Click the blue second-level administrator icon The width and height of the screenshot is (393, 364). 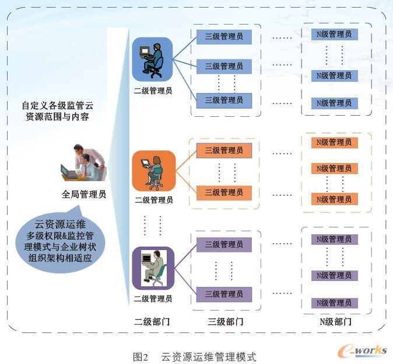coord(152,60)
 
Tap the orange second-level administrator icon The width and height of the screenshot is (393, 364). coord(153,171)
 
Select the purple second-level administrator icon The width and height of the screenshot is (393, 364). coord(153,269)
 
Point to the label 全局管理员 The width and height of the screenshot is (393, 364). coord(84,195)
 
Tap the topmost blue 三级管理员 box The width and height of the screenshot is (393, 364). coord(224,37)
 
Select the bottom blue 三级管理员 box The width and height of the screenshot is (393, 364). coord(224,100)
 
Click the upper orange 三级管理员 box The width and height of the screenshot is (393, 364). coord(224,151)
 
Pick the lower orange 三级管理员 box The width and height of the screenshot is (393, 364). coord(224,192)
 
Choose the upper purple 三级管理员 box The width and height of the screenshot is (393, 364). coord(224,244)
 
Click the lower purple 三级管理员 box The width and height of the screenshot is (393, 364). coord(224,294)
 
